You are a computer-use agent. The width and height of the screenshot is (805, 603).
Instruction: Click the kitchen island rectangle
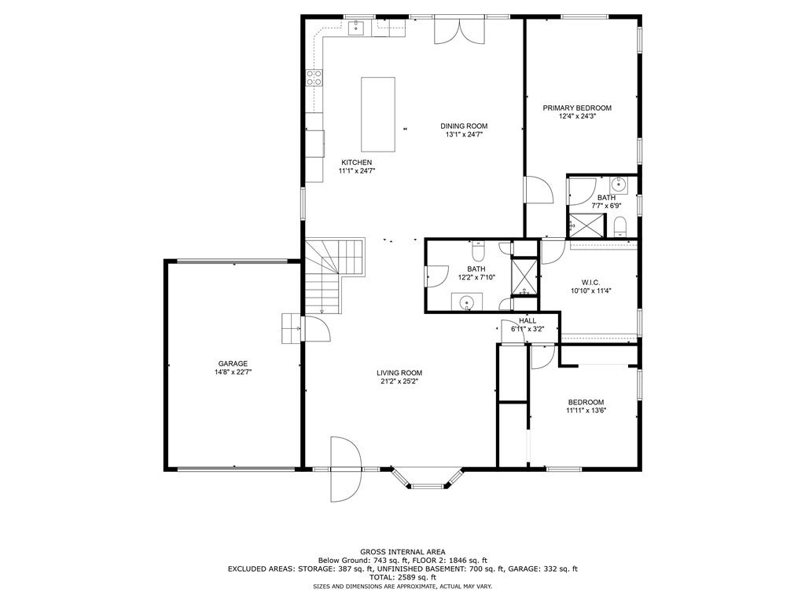[x=378, y=115]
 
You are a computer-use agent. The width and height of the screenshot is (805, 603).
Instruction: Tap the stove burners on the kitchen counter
[x=314, y=78]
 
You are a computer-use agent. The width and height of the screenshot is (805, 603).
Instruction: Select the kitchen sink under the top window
[x=356, y=27]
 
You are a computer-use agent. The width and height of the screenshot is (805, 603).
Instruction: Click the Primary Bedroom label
[x=577, y=108]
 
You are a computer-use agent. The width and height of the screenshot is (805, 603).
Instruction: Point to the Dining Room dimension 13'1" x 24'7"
[x=464, y=134]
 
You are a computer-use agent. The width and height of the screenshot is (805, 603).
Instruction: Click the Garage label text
[x=233, y=364]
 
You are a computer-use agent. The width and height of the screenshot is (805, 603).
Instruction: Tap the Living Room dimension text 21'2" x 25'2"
[x=399, y=381]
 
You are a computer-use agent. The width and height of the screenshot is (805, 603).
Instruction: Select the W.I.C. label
[x=590, y=282]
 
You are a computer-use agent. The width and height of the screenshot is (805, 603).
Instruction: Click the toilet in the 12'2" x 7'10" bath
[x=477, y=251]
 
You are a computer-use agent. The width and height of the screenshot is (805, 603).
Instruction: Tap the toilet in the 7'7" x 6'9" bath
[x=620, y=227]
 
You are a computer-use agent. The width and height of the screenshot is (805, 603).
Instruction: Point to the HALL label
[x=527, y=321]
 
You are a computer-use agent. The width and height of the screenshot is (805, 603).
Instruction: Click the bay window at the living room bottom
[x=427, y=477]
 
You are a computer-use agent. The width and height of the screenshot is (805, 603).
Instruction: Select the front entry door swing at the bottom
[x=347, y=470]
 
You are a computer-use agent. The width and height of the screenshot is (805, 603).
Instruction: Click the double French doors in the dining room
[x=459, y=31]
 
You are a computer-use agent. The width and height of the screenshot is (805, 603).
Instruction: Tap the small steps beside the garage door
[x=291, y=328]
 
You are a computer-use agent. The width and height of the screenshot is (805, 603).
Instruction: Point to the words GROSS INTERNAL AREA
[x=402, y=552]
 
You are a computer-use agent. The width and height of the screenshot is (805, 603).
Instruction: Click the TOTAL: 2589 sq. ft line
[x=402, y=577]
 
